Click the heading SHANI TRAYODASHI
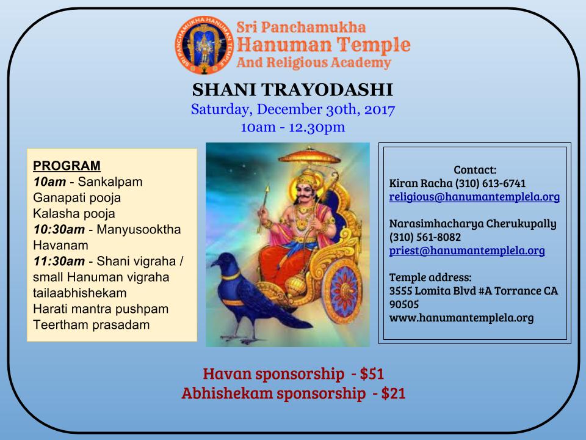click(292, 90)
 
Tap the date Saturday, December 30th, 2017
click(292, 111)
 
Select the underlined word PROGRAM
click(67, 166)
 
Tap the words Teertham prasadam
click(92, 324)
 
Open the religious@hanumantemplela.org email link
click(474, 197)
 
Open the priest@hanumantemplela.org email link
click(467, 251)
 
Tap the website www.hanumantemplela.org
click(461, 318)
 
